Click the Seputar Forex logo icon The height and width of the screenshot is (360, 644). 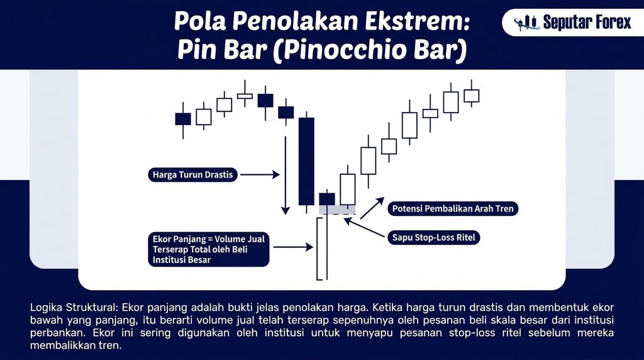(526, 22)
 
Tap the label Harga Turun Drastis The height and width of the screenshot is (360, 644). (192, 175)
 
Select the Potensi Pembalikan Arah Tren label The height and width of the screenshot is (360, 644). (453, 208)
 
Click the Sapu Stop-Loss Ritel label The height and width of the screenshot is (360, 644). (433, 237)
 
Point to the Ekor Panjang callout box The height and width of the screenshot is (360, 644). (209, 249)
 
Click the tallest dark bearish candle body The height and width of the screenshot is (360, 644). (306, 161)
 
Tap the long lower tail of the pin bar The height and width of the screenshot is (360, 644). (322, 249)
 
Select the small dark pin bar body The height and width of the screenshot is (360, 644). (327, 199)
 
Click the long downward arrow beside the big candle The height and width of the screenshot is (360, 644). (286, 176)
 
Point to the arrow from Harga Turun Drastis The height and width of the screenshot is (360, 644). (260, 175)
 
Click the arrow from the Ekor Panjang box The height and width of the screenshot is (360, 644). (293, 247)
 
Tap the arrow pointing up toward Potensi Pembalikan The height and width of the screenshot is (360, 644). (372, 208)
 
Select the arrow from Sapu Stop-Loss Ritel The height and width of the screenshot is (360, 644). (364, 227)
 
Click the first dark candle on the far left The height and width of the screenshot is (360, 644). (183, 119)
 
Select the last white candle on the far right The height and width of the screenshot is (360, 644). (472, 96)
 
